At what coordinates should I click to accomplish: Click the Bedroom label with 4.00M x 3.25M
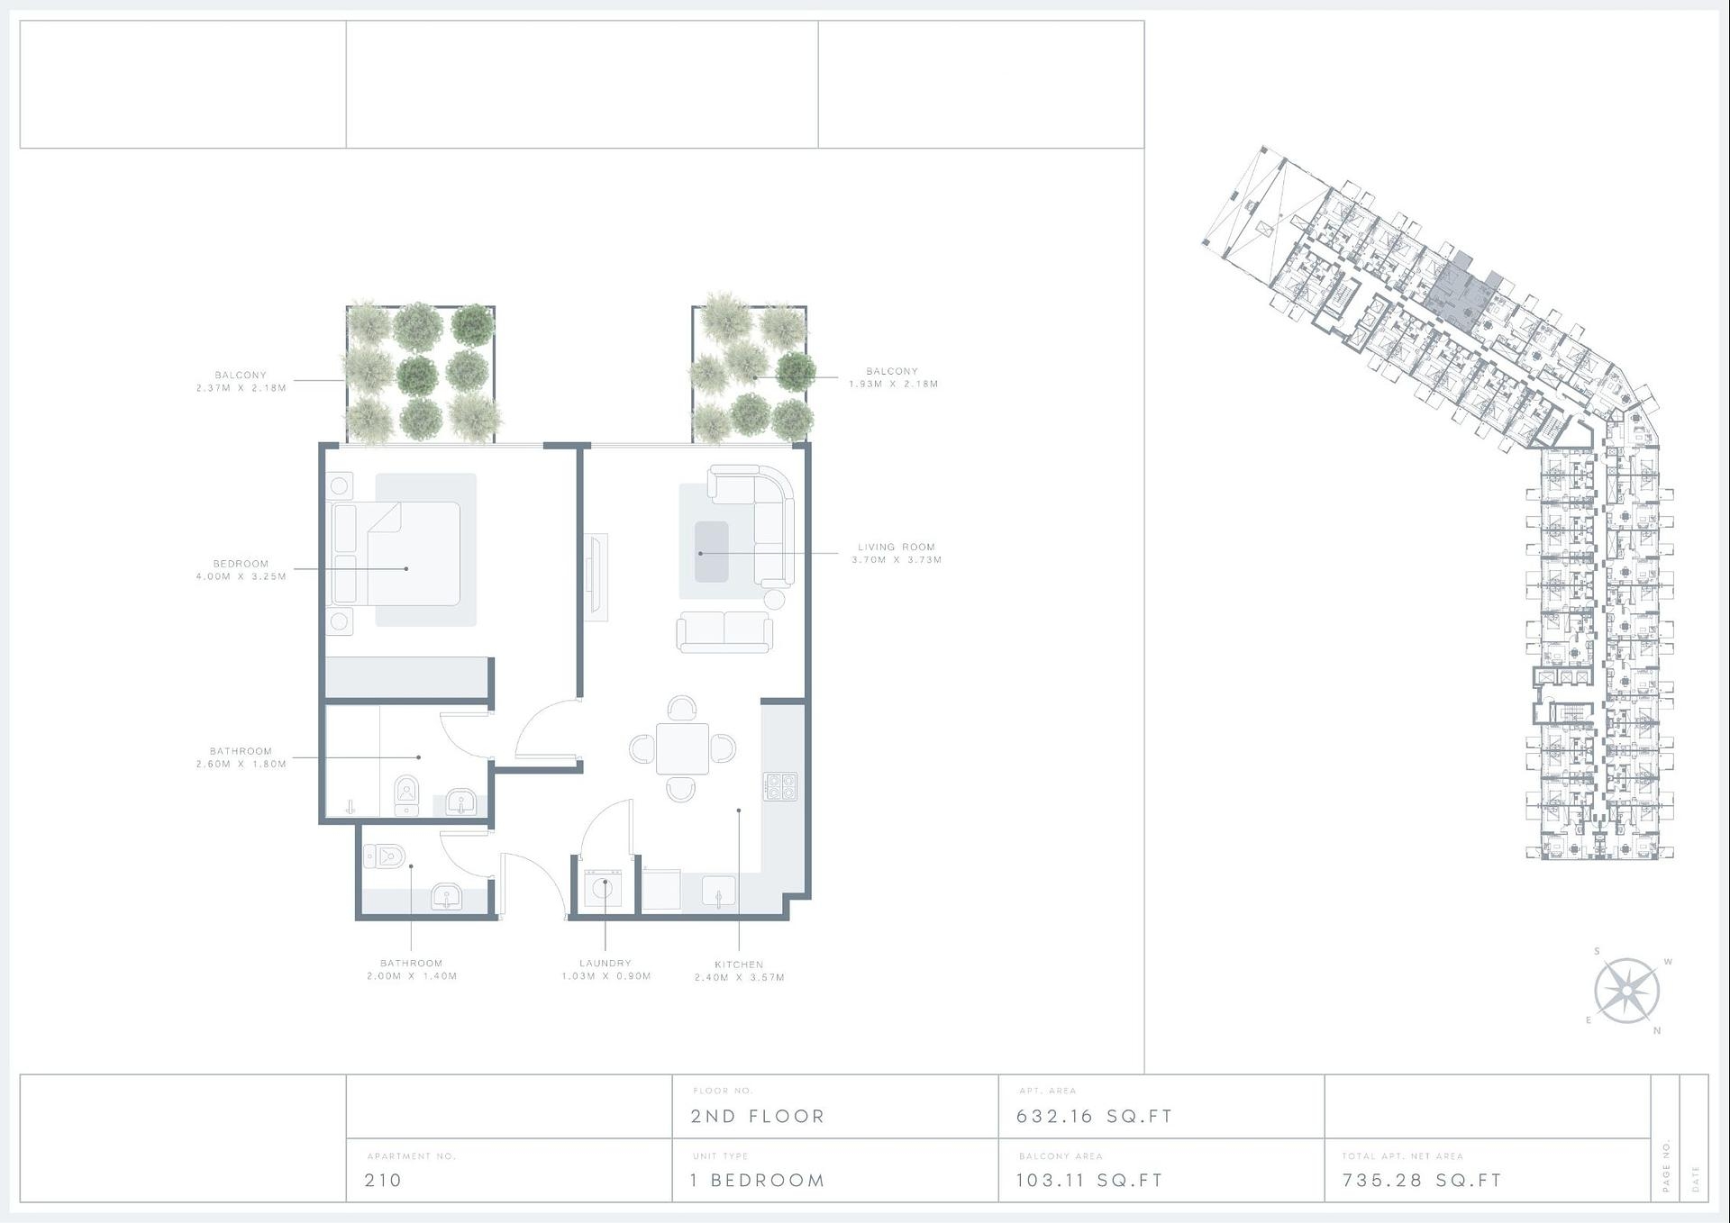(241, 570)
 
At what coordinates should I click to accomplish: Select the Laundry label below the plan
(605, 969)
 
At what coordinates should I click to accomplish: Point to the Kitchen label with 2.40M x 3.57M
(739, 970)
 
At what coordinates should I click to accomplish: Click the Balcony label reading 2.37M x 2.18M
(241, 381)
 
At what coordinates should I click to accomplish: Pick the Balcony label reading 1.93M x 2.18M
(893, 377)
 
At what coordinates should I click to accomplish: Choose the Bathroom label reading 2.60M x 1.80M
(241, 757)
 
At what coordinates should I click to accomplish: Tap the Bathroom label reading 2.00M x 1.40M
(412, 969)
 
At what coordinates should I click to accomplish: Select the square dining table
(682, 748)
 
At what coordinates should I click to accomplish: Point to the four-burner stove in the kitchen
(780, 786)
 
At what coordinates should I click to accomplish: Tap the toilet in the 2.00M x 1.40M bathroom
(384, 856)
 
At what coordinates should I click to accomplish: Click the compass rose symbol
(1626, 991)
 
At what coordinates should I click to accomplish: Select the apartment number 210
(383, 1180)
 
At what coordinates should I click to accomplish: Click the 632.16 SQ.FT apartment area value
(1094, 1116)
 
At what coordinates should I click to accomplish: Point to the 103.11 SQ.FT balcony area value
(1089, 1180)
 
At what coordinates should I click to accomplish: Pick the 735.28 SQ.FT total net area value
(1422, 1180)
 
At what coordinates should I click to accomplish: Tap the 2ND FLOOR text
(758, 1116)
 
